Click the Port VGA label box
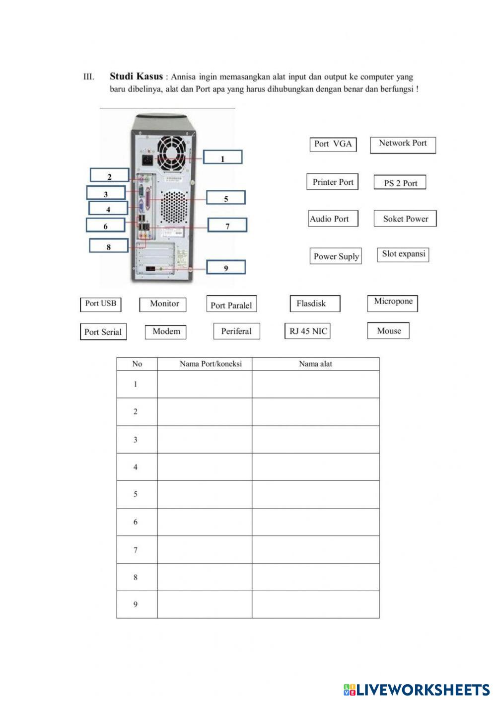pyautogui.click(x=333, y=144)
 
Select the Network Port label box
pyautogui.click(x=403, y=144)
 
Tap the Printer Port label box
pyautogui.click(x=333, y=182)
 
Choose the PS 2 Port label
pyautogui.click(x=400, y=183)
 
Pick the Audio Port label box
pyautogui.click(x=333, y=219)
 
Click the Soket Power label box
pyautogui.click(x=405, y=219)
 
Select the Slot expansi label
pyautogui.click(x=403, y=254)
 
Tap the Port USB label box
pyautogui.click(x=101, y=304)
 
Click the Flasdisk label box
pyautogui.click(x=315, y=304)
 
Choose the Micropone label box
pyautogui.click(x=393, y=303)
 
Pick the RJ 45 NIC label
pyautogui.click(x=308, y=331)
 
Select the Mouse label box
pyautogui.click(x=388, y=331)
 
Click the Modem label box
pyautogui.click(x=166, y=331)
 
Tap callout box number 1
pyautogui.click(x=222, y=157)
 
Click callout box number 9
pyautogui.click(x=226, y=267)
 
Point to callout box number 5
pyautogui.click(x=226, y=198)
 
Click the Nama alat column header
pyautogui.click(x=315, y=364)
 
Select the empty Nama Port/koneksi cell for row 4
pyautogui.click(x=205, y=467)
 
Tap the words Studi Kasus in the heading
pyautogui.click(x=136, y=76)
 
